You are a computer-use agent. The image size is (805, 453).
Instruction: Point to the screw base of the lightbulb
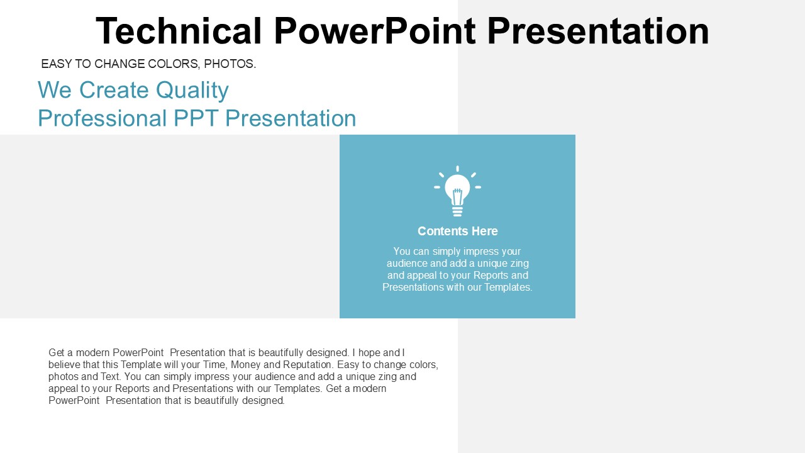pyautogui.click(x=457, y=211)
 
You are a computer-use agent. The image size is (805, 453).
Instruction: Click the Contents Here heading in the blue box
pyautogui.click(x=457, y=231)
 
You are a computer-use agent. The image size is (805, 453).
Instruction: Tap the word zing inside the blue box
pyautogui.click(x=518, y=264)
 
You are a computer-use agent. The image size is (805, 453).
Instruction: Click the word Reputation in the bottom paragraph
pyautogui.click(x=308, y=365)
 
